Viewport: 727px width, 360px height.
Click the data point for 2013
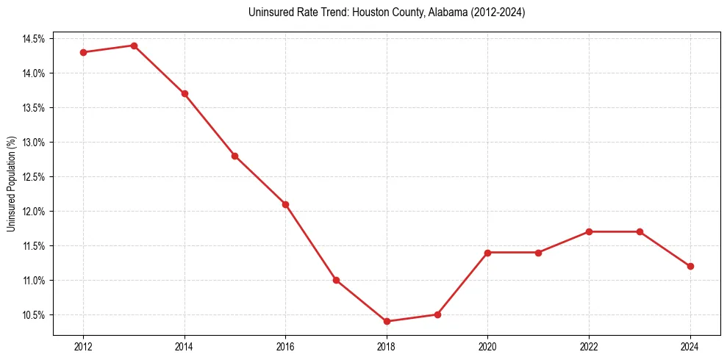point(134,46)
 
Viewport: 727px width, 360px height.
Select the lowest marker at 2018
point(387,321)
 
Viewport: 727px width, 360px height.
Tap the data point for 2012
point(83,52)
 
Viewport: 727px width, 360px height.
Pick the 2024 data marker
point(690,266)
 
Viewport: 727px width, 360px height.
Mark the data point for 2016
point(285,204)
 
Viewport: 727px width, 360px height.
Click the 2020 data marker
point(488,252)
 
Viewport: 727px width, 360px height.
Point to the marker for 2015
point(234,156)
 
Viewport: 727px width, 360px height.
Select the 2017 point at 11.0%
point(336,280)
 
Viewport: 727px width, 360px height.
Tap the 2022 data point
point(589,231)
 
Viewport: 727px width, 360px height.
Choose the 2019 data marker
point(437,314)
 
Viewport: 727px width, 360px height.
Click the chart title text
point(387,12)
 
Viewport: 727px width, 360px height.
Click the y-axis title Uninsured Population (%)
point(11,184)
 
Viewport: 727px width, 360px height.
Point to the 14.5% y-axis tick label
point(34,38)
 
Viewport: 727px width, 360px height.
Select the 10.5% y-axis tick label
point(34,314)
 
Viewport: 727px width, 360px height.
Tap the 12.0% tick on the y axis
point(34,211)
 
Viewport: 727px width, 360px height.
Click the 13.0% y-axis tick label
point(34,142)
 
